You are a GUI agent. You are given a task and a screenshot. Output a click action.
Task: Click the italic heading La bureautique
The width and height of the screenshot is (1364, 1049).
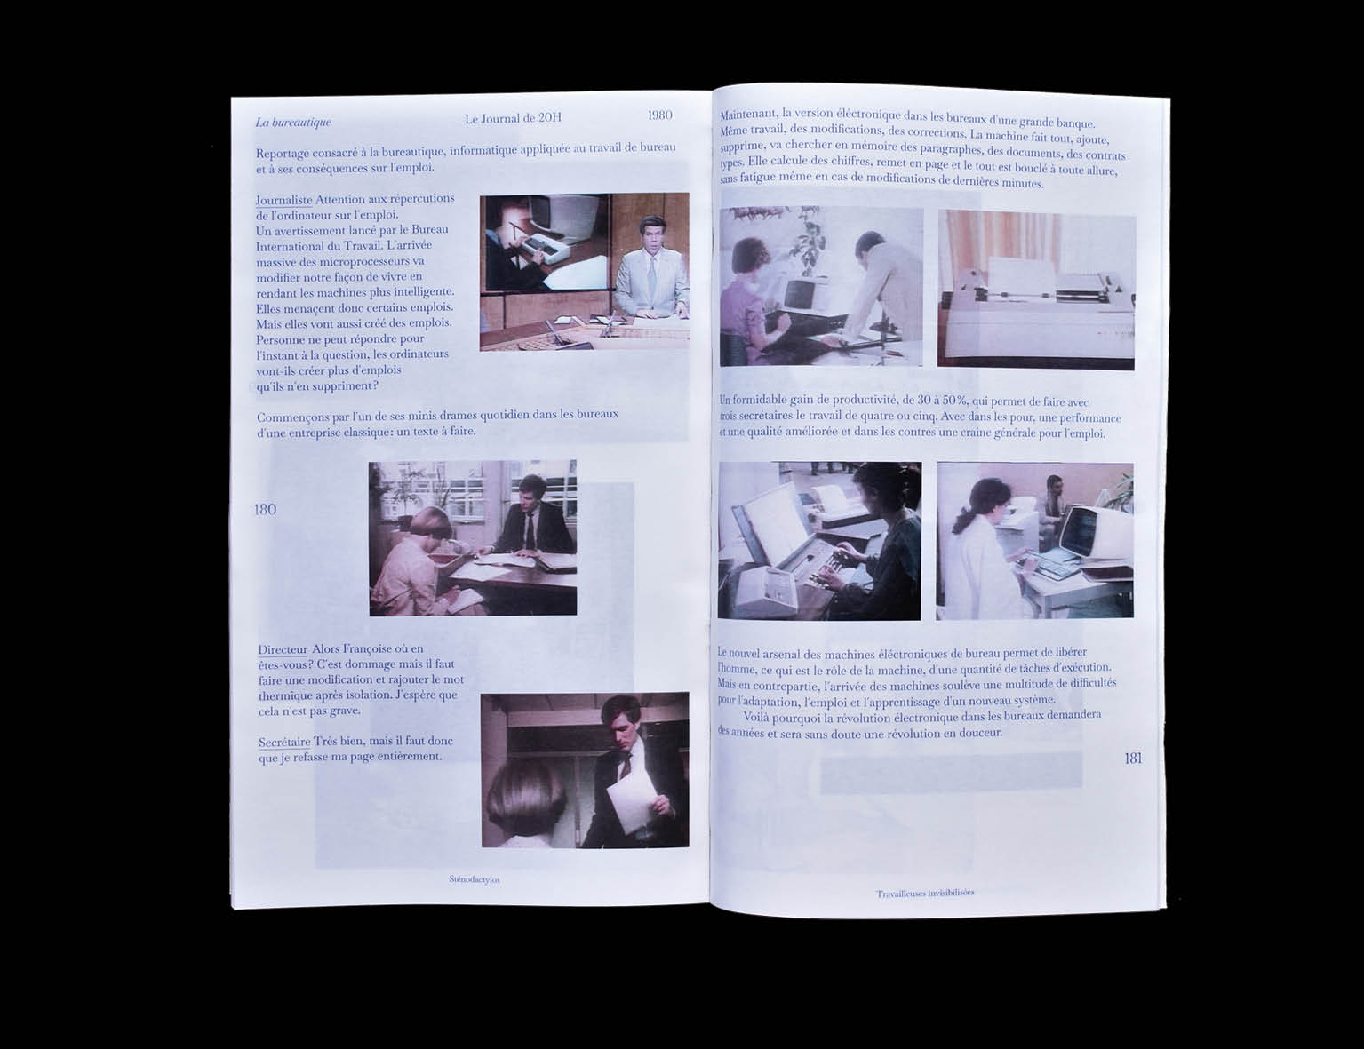coord(292,123)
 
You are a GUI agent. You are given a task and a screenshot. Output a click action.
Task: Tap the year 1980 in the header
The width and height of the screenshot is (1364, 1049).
coord(659,115)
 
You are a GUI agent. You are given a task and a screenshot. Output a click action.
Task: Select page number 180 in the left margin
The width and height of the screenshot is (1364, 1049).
coord(265,509)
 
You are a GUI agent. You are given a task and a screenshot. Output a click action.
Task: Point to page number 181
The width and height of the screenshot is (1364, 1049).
coord(1132,758)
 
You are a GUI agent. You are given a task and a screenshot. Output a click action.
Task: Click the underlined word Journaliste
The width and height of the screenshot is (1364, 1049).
coord(283,200)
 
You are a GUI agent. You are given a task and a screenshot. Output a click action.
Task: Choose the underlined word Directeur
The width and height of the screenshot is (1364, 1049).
coord(283,649)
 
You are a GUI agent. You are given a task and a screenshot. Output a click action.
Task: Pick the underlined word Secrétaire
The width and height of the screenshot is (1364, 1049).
coord(284,742)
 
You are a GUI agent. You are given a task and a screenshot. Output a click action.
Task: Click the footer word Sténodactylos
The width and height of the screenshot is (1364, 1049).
coord(475,879)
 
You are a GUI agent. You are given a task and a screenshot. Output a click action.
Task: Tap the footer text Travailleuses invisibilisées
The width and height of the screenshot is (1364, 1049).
coord(925,893)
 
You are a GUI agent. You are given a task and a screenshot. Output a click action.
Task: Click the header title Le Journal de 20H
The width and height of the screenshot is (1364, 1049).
coord(513,118)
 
